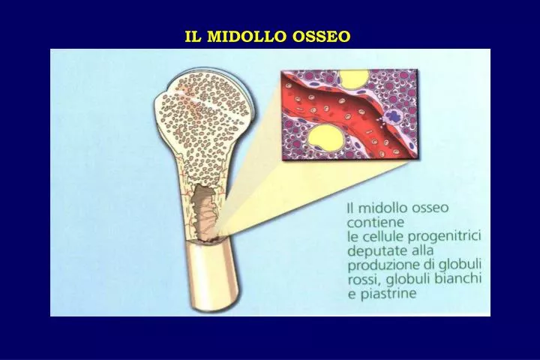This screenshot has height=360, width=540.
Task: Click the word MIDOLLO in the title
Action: (251, 36)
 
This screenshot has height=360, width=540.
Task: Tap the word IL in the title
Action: (194, 36)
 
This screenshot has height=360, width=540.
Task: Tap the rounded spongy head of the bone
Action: (202, 112)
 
